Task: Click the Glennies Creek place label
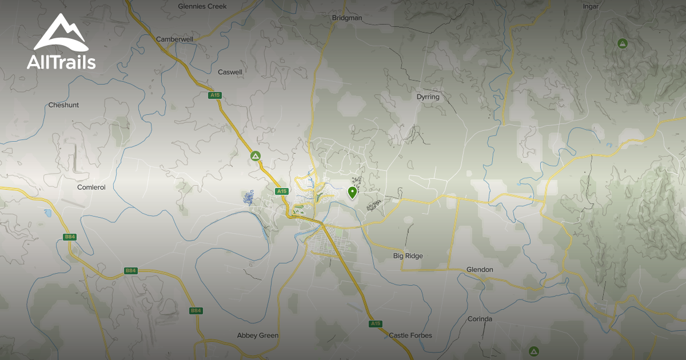[202, 6]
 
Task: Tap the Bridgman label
[347, 18]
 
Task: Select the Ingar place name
[591, 6]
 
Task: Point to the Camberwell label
[174, 39]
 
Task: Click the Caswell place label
[230, 73]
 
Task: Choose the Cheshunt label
[63, 105]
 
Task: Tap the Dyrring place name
[428, 97]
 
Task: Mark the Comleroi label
[91, 187]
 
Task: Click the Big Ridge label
[408, 256]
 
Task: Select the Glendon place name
[480, 270]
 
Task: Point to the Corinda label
[480, 319]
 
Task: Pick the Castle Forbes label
[410, 335]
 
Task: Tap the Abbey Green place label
[258, 335]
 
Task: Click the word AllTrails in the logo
[61, 62]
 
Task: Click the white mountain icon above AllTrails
[61, 33]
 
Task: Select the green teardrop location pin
[352, 192]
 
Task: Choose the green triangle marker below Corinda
[534, 351]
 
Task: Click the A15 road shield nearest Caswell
[215, 95]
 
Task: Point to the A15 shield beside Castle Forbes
[375, 324]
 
